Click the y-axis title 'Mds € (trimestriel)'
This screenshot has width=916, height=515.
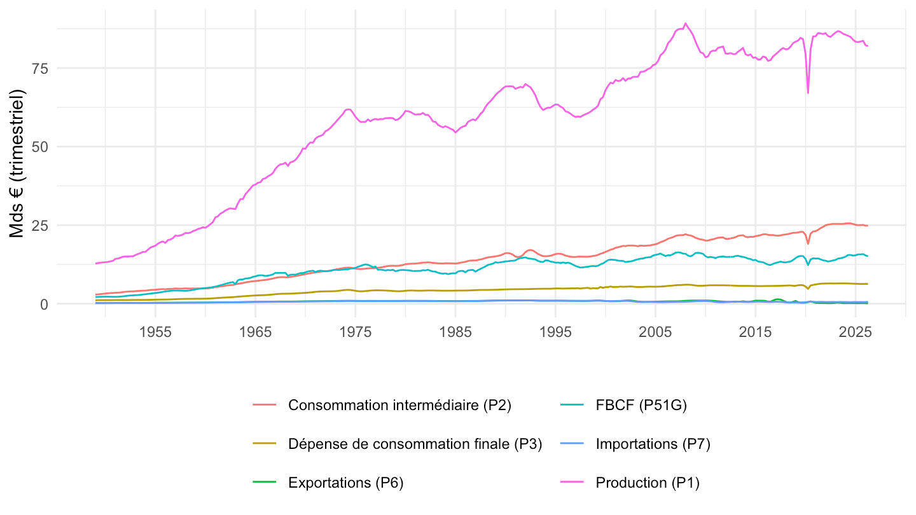(17, 163)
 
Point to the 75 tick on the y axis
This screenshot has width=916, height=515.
(39, 69)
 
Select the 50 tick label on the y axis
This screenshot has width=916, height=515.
(39, 147)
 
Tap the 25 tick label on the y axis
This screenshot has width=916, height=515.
(39, 226)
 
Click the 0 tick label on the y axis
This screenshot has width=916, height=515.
(44, 304)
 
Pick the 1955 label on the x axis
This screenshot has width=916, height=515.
(155, 333)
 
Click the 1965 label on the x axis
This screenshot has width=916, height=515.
(255, 333)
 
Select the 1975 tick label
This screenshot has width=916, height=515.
(356, 333)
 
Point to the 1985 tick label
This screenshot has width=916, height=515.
(455, 333)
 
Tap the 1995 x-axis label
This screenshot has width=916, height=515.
(555, 333)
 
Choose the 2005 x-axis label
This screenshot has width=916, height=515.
(655, 333)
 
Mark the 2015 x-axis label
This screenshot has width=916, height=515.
(755, 333)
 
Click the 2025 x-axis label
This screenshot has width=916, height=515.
(856, 333)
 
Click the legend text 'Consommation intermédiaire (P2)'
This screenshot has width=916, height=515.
(400, 405)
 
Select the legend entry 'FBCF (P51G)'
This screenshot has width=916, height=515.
(641, 405)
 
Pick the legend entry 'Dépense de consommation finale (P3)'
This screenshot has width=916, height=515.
(415, 444)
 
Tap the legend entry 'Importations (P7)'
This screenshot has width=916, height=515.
(653, 444)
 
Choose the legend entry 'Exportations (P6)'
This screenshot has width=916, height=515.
(346, 483)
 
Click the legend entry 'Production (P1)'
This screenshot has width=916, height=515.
(648, 483)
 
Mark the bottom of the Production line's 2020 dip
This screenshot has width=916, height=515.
(808, 93)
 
